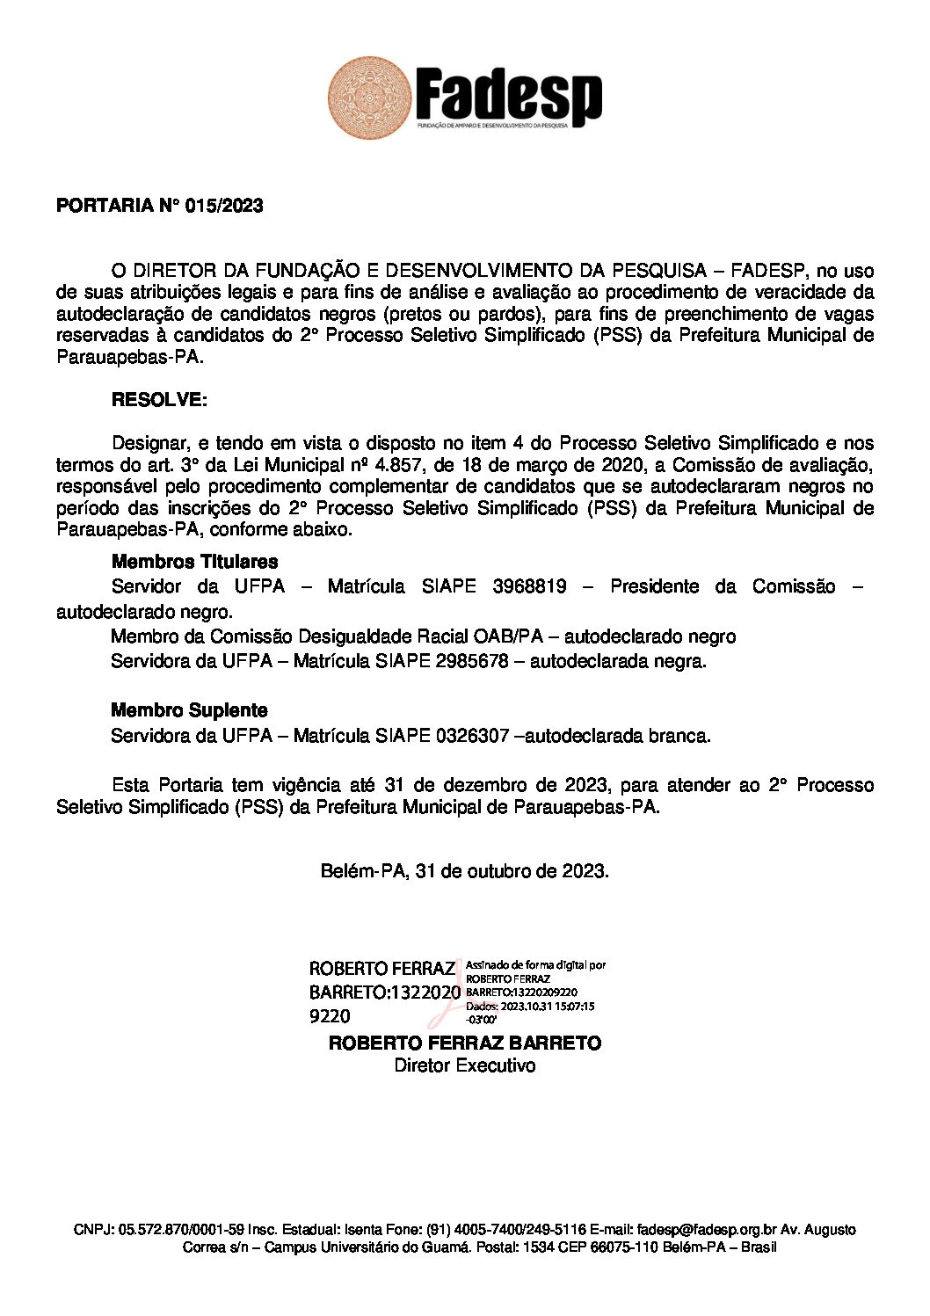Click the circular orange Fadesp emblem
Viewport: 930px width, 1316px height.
click(369, 98)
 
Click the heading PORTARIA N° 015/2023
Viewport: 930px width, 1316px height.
click(159, 206)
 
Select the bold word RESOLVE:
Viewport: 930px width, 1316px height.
click(159, 400)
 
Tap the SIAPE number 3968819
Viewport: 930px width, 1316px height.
click(529, 586)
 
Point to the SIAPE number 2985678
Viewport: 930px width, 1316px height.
click(472, 661)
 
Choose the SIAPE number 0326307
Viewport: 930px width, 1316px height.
click(472, 736)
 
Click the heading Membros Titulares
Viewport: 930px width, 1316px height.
click(194, 562)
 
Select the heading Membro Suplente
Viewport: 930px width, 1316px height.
click(189, 710)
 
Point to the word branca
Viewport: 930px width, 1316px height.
click(678, 736)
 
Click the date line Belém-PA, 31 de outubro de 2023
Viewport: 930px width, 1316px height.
click(464, 871)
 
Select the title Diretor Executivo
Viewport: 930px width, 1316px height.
click(464, 1065)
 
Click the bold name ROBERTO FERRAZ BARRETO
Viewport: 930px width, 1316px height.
click(464, 1043)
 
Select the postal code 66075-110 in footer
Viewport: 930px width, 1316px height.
click(623, 1247)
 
